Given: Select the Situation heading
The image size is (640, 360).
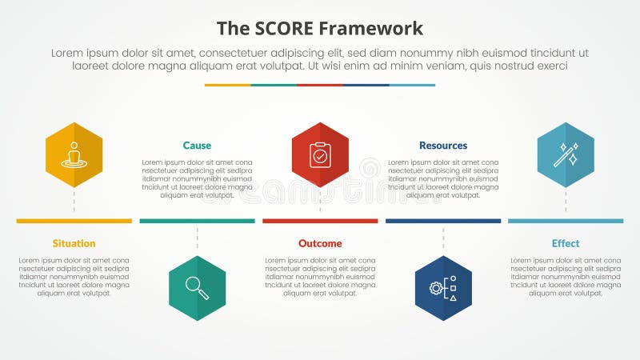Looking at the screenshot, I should (x=74, y=243).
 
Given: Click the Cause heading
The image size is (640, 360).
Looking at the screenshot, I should (x=197, y=146).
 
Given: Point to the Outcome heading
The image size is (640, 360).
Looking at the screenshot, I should (x=320, y=243).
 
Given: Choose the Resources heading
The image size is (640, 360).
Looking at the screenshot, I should (x=443, y=146).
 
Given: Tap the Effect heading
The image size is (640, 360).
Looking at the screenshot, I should (x=566, y=243).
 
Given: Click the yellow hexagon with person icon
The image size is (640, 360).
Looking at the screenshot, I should (x=74, y=154).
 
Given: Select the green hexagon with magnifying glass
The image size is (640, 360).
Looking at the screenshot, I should (x=197, y=288).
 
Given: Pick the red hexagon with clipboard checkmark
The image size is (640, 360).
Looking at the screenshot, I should (x=320, y=154).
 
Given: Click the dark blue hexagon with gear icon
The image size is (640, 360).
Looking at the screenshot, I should (x=443, y=288).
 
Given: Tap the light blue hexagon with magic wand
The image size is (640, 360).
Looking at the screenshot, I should (x=566, y=154).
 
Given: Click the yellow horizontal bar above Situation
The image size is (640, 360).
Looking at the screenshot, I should (x=74, y=221).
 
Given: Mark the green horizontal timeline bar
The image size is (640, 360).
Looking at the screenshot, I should (x=197, y=221).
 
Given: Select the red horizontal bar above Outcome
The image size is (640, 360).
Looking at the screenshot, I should (x=320, y=221).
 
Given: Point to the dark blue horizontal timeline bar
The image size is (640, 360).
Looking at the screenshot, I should (x=443, y=221).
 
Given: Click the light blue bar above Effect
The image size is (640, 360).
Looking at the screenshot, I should (x=566, y=221).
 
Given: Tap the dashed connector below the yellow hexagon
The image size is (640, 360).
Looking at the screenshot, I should (x=74, y=202).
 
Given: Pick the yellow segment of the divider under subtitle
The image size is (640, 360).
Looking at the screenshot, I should (x=227, y=85).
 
